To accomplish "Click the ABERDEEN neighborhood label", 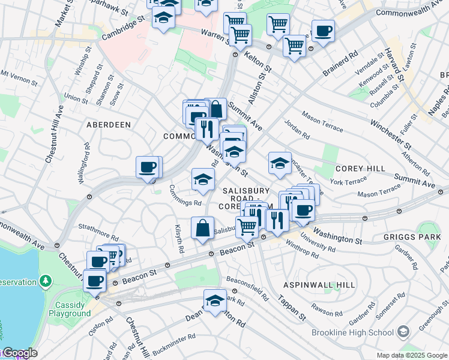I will click(108, 124).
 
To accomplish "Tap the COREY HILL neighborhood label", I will click(360, 169).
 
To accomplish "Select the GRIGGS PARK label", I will click(411, 237).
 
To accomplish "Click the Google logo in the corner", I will click(19, 353).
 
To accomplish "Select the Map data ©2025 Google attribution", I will click(412, 355).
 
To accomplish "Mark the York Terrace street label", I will click(348, 181).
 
